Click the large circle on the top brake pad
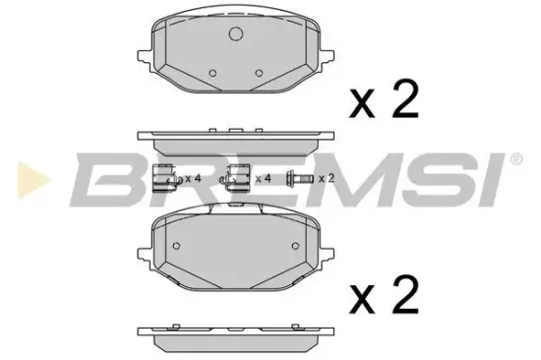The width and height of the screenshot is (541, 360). [236, 33]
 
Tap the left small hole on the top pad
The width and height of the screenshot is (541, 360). [212, 73]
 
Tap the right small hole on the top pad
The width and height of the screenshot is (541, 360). [259, 73]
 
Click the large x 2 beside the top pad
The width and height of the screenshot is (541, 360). [384, 99]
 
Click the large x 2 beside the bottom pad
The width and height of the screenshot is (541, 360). [384, 295]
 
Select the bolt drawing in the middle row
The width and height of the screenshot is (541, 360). [299, 178]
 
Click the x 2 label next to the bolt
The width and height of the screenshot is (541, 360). [327, 179]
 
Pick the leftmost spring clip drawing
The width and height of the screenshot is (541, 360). [166, 178]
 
